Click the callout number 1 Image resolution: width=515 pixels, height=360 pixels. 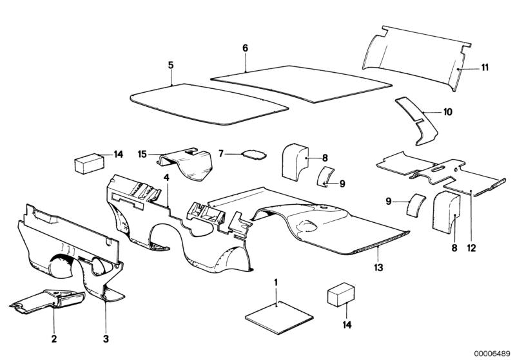tap(276, 282)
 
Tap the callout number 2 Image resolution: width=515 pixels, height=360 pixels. tap(54, 338)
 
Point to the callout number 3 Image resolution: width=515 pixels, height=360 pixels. tap(106, 338)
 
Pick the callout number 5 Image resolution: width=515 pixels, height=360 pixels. tap(171, 64)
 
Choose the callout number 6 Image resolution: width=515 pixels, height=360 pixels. tap(245, 48)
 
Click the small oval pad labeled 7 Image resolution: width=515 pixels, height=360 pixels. tap(255, 155)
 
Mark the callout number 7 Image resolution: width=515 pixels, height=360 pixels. tap(221, 154)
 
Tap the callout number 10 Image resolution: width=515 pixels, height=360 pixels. tap(447, 111)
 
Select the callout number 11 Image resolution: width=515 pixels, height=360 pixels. tap(485, 67)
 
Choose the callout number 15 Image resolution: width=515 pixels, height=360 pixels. tap(142, 153)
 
